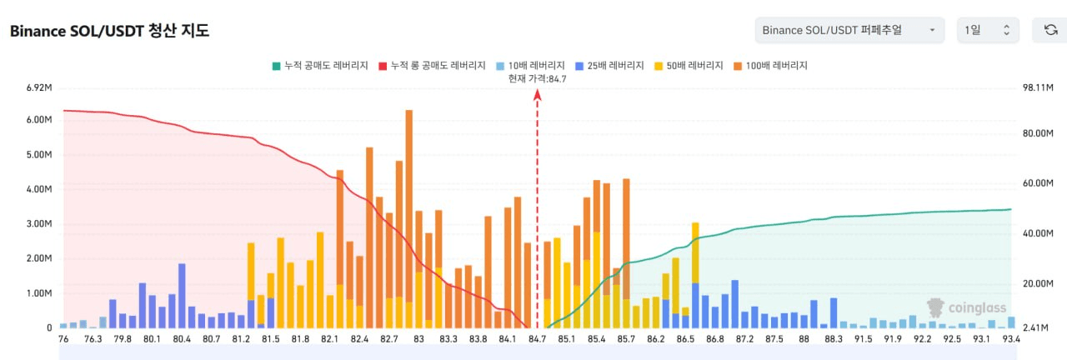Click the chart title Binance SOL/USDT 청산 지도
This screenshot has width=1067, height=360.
(x=109, y=31)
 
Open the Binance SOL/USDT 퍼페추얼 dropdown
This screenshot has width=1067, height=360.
(x=849, y=30)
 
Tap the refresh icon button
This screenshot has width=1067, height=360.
(x=1050, y=30)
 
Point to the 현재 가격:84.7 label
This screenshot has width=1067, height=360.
(x=537, y=78)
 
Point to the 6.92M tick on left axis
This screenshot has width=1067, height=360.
(x=41, y=87)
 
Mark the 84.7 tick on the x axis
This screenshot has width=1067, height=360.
(x=538, y=339)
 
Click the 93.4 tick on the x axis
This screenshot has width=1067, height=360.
(x=1012, y=339)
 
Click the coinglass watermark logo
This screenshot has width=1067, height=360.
(x=967, y=307)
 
